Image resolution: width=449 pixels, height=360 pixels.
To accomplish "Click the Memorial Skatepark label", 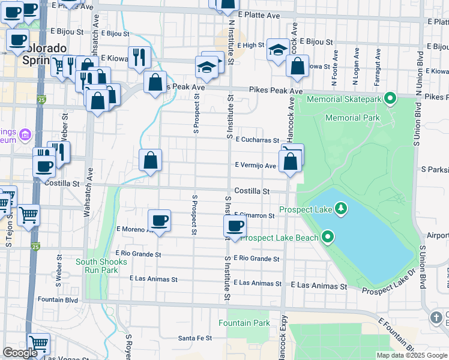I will coord(344,98).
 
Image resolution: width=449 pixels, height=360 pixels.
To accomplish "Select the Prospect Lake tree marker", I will coord(341,208).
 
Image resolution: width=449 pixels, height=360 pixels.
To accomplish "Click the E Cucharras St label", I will coord(258,140).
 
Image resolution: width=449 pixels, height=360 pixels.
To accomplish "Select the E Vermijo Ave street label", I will coord(255,166).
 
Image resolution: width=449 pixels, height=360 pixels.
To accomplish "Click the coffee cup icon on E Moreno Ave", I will coord(159,221).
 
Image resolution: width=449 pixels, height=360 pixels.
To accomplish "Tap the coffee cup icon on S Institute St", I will coord(235,226).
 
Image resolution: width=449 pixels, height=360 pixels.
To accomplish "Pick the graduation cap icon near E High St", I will coord(278,50).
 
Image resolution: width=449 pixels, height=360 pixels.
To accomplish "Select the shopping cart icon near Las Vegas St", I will coord(38,344).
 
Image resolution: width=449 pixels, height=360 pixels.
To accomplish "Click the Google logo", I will coord(20,353).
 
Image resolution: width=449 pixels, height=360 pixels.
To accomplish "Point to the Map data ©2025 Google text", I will coord(412,355).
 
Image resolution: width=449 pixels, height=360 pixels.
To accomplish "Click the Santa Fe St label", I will coord(195,338).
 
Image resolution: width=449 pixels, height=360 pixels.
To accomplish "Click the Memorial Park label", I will coord(352,118).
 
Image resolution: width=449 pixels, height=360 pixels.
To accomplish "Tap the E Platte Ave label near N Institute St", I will coord(258,14).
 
